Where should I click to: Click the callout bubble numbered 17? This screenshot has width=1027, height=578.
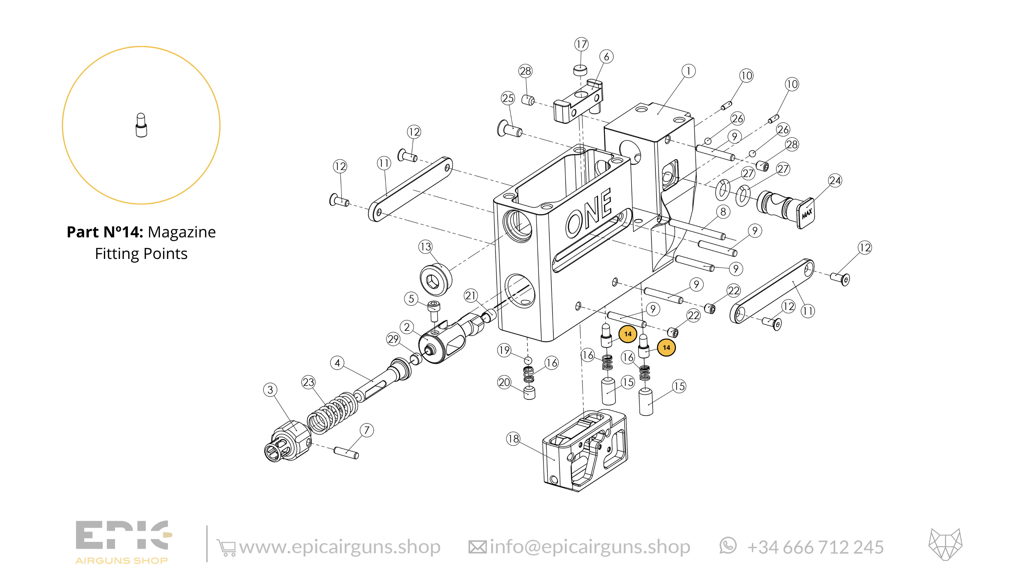point(581,44)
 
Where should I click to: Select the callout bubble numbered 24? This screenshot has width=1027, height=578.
point(835,181)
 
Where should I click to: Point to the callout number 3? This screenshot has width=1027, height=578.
point(270,390)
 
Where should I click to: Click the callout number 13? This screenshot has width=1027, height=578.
point(425,247)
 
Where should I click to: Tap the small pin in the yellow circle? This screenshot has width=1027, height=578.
point(141,125)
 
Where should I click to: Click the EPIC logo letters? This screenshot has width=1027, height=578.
point(123,535)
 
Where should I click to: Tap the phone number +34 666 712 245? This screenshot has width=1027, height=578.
point(815,547)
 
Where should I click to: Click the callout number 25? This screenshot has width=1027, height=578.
point(508,98)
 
